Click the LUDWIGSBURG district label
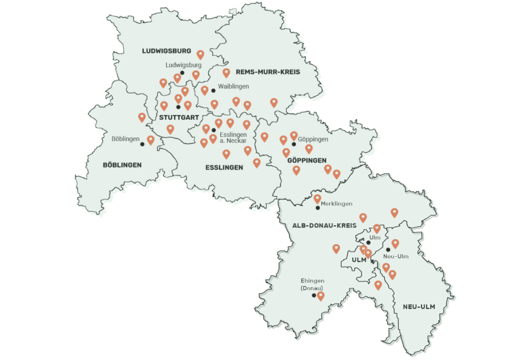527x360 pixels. pos(166,51)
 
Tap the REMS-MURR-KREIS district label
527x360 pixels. pos(268,73)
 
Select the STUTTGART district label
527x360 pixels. pos(175,118)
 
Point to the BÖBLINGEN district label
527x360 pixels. pos(122,165)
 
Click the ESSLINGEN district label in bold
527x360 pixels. pos(224,167)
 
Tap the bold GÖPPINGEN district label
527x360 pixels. pos(307,160)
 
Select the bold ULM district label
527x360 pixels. pos(358,260)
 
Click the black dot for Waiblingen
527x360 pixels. pos(213,90)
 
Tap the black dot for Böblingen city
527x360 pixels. pos(143,144)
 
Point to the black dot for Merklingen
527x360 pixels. pos(318,208)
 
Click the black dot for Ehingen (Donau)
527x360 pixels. pos(314,296)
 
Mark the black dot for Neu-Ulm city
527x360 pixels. pos(388,249)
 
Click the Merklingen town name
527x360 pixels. pos(337,204)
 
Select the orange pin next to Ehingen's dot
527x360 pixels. pos(321,295)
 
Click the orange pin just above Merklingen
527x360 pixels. pos(317,198)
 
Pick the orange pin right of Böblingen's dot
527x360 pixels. pos(151,139)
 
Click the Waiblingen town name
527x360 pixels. pos(233,87)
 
